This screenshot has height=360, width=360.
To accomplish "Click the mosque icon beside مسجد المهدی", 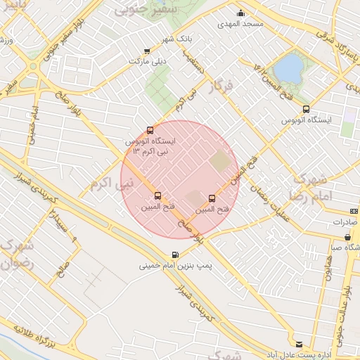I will point(241,13).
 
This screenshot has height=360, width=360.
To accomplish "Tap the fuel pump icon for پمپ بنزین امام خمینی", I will point(174,255).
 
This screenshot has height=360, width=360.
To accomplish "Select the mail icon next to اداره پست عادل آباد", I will point(300,344).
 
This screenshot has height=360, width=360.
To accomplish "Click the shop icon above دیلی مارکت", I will point(146,51).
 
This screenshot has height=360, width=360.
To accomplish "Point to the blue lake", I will point(288,68).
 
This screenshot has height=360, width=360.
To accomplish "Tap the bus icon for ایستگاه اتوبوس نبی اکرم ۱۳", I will point(149,129).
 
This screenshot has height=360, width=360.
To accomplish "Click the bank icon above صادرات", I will point(353,211).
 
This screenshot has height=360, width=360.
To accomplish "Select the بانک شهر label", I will point(178,38).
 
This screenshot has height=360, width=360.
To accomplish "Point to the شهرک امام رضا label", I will point(309,186).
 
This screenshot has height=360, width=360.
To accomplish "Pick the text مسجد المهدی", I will point(242,24).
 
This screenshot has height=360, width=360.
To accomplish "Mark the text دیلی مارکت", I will point(146,62).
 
